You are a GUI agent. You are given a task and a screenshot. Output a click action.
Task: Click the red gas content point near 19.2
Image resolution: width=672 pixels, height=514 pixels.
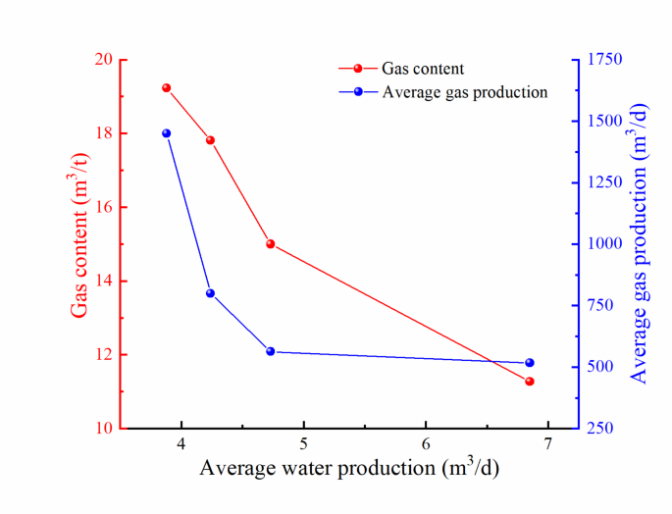click(167, 88)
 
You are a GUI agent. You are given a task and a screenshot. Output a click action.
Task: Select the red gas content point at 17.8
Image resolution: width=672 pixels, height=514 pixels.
click(210, 140)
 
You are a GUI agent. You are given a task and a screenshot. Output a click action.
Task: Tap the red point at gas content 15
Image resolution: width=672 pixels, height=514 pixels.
click(270, 244)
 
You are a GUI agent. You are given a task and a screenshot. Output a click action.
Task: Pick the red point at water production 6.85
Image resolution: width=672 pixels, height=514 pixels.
click(530, 381)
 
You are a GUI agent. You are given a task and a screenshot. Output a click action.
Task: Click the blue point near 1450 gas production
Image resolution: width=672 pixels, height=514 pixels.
click(167, 133)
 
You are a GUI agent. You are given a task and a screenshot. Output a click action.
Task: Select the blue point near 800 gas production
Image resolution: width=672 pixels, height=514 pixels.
click(210, 293)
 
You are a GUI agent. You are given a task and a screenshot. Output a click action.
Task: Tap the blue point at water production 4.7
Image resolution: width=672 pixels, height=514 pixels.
click(270, 351)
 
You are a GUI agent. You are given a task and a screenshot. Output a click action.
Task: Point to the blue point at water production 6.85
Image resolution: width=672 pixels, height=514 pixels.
click(530, 363)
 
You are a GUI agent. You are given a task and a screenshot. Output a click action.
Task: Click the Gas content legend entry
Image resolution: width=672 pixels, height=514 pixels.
click(422, 69)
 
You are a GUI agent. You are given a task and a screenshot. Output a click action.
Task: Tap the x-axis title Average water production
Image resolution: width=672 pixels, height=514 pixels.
click(350, 468)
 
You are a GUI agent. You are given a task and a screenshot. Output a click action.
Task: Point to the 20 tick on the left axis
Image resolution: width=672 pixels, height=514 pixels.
click(102, 59)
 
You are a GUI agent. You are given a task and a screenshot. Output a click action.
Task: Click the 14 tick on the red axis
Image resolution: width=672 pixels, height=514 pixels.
click(102, 281)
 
